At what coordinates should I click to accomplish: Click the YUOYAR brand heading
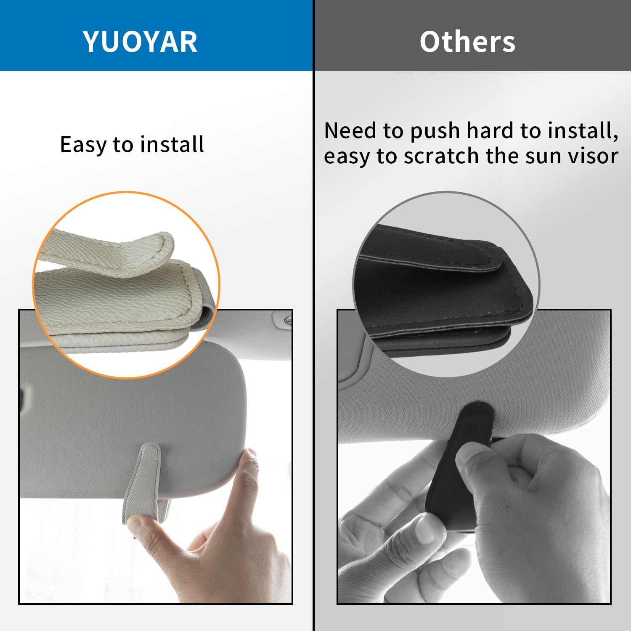pyautogui.click(x=140, y=42)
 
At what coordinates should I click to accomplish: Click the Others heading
pyautogui.click(x=467, y=42)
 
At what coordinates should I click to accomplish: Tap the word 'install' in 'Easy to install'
pyautogui.click(x=172, y=144)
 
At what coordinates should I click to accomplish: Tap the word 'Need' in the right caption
pyautogui.click(x=350, y=130)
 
